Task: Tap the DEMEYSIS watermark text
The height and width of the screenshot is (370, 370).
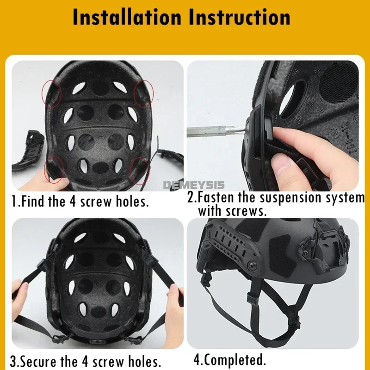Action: click(x=194, y=185)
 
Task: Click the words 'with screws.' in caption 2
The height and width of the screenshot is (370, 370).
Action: click(x=233, y=211)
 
